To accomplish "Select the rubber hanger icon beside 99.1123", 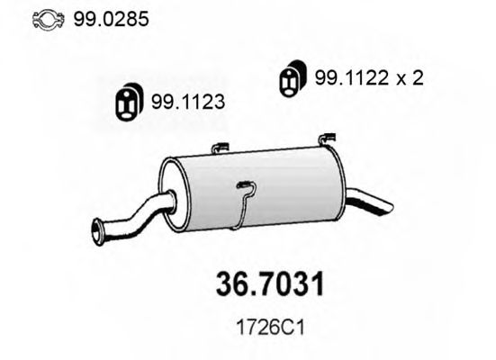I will click(x=130, y=103).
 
